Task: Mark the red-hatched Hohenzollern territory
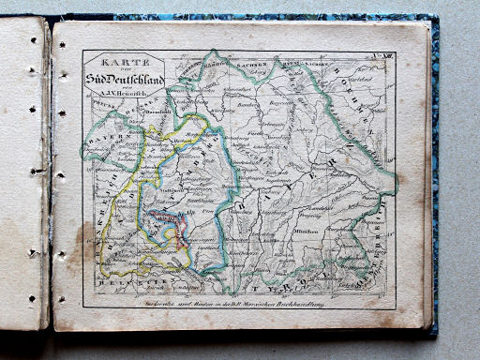coord(168,224)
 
